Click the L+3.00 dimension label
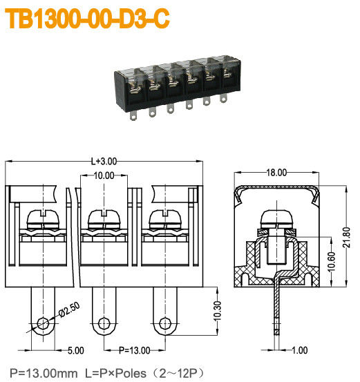coord(104,160)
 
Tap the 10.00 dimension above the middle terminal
coord(104,176)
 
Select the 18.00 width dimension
coord(277,173)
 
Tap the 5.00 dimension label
coord(75,350)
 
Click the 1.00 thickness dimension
coord(299,350)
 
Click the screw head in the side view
coord(277,221)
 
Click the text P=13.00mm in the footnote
coord(38,373)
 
